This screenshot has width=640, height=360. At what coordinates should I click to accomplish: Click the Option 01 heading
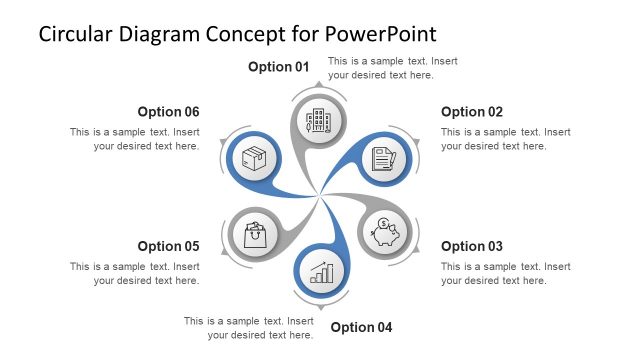[x=279, y=67]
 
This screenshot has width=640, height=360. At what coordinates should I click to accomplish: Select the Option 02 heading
[x=472, y=112]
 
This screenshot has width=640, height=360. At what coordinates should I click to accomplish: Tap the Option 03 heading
[x=472, y=246]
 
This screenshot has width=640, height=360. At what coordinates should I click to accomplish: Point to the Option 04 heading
[x=361, y=327]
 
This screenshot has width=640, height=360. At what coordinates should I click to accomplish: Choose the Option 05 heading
[x=168, y=246]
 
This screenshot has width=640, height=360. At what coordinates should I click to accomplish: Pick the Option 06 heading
[x=168, y=112]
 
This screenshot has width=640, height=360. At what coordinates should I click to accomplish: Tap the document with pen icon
[x=383, y=159]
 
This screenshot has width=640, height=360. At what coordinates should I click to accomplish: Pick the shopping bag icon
[x=255, y=235]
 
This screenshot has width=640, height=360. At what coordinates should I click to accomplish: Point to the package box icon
[x=254, y=159]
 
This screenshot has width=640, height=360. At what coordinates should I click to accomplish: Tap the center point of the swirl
[x=320, y=196]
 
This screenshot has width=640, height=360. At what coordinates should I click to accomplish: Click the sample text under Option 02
[x=505, y=139]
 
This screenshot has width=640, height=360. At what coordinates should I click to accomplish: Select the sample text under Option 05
[x=135, y=273]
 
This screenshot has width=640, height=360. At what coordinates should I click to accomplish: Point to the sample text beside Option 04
[x=249, y=327]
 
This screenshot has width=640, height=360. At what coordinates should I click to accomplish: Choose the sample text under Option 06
[x=135, y=139]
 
